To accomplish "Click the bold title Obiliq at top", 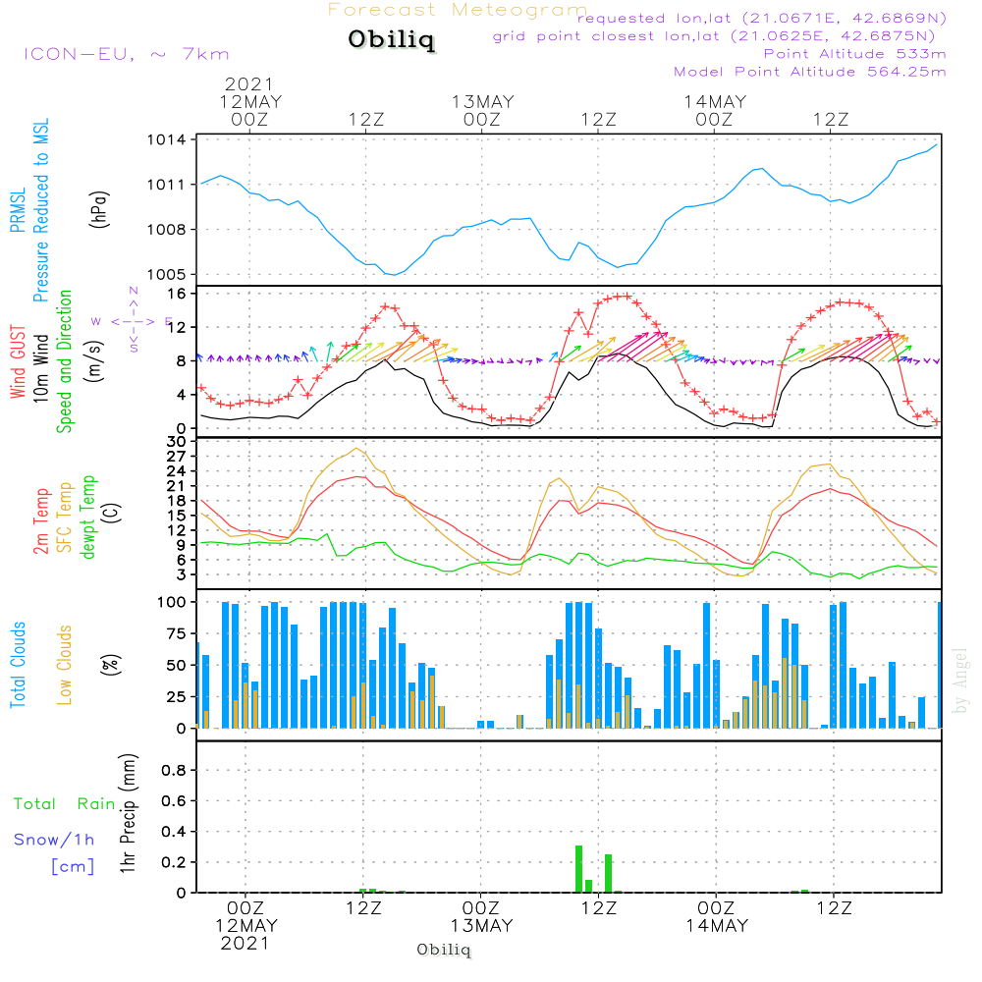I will (x=389, y=41).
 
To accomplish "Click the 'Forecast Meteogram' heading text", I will (x=458, y=11).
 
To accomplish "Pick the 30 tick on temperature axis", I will (x=179, y=442).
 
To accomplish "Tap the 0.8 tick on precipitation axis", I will (x=173, y=770).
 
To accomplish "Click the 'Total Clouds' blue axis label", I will (x=19, y=665).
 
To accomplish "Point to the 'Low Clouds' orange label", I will (x=65, y=665).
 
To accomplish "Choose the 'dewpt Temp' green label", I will (x=88, y=516).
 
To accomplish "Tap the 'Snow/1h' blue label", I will (x=55, y=841).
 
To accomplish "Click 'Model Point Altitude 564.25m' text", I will (x=810, y=72).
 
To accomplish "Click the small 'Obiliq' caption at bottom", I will (x=444, y=950).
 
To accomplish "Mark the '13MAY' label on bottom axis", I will (x=481, y=926).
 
